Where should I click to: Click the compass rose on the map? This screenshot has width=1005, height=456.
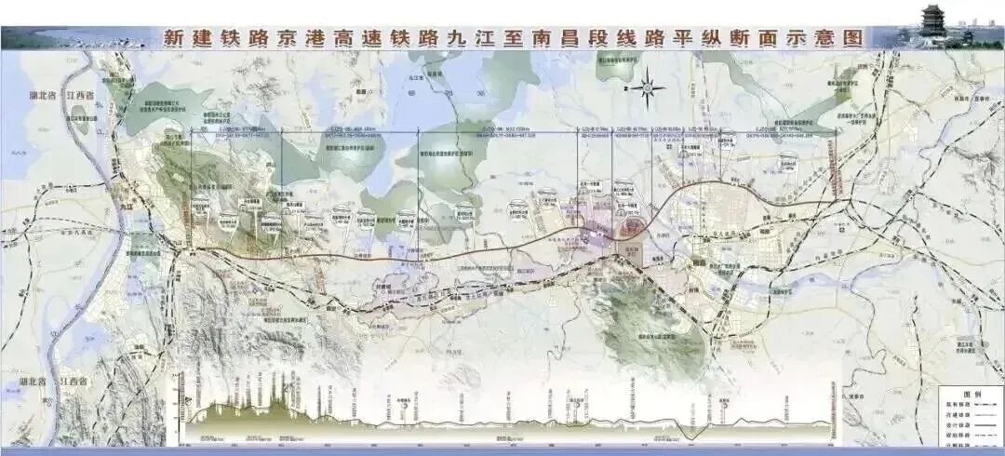(650, 88)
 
